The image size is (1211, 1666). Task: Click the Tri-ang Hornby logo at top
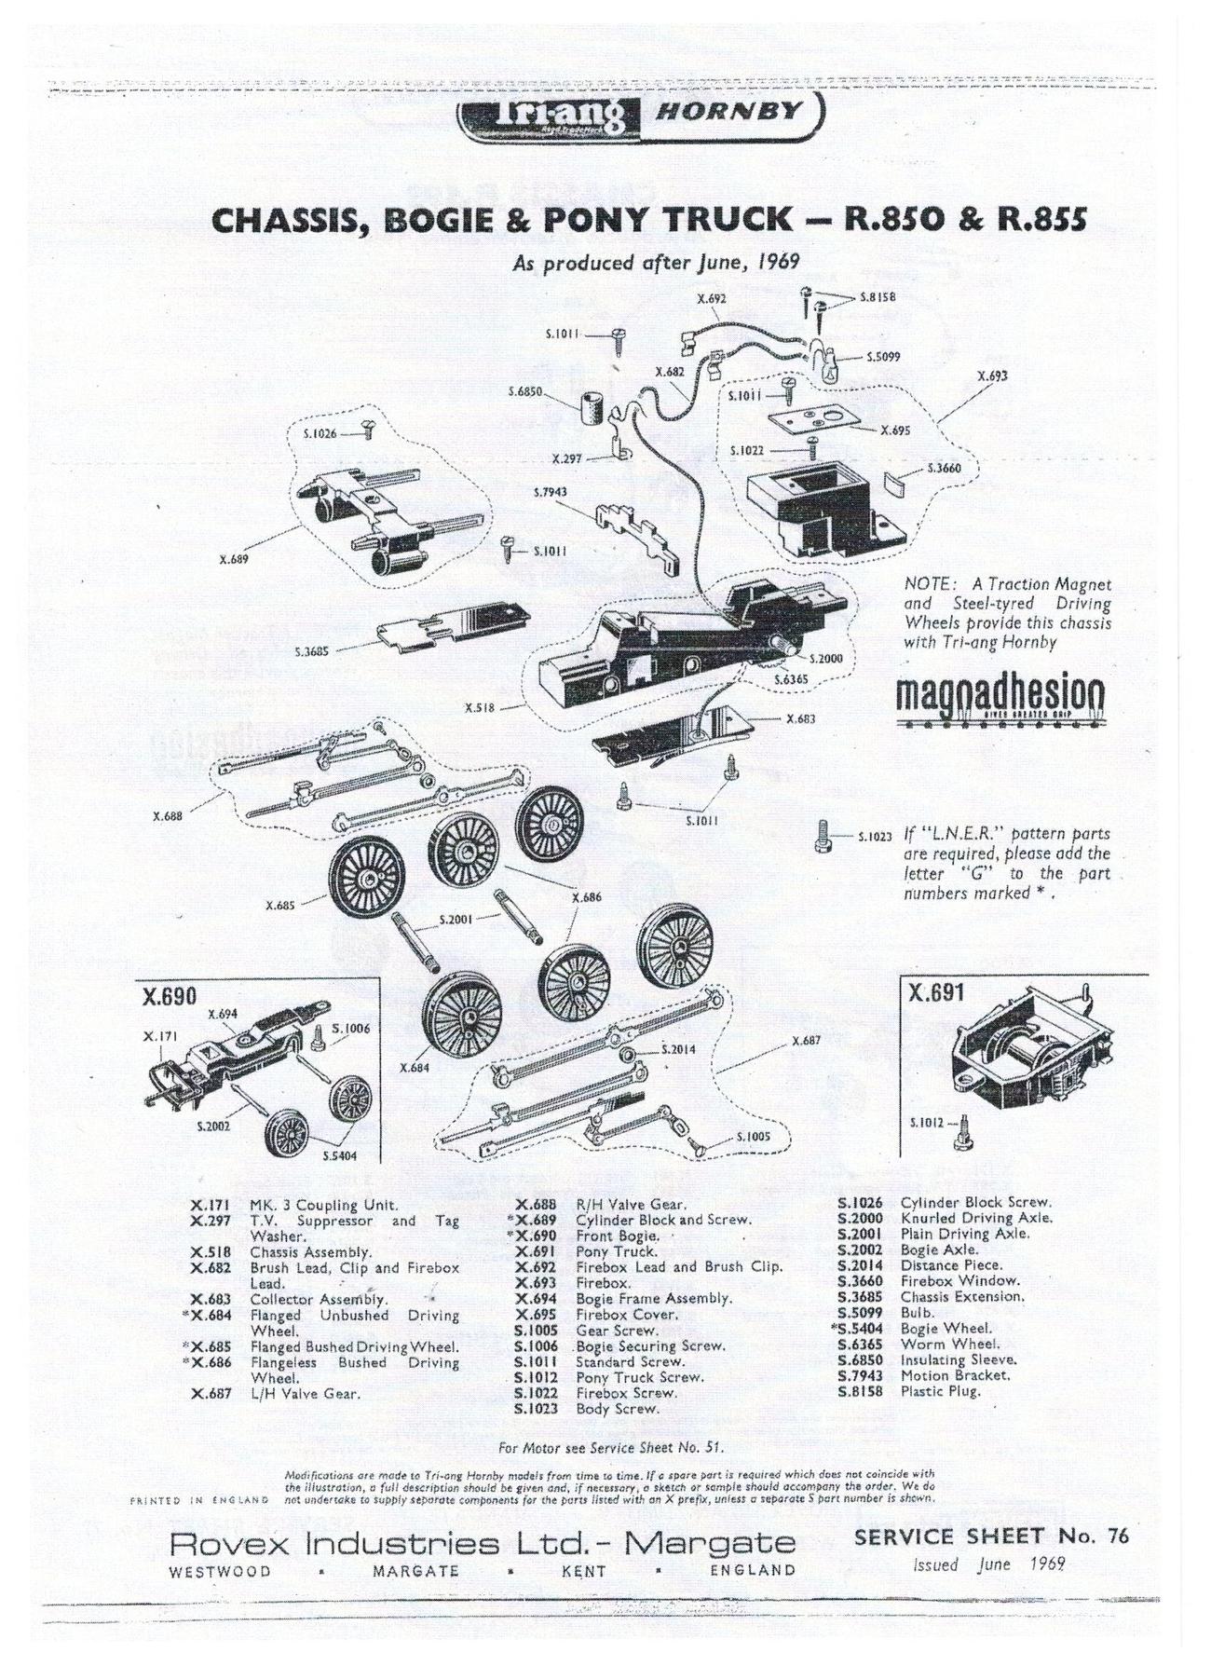click(641, 115)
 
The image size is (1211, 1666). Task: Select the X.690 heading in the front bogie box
click(170, 996)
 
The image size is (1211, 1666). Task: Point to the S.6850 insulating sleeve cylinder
click(591, 408)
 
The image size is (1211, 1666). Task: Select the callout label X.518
click(480, 706)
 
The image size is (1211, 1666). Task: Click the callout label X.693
click(993, 376)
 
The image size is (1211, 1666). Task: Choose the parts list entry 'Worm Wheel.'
click(950, 1344)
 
